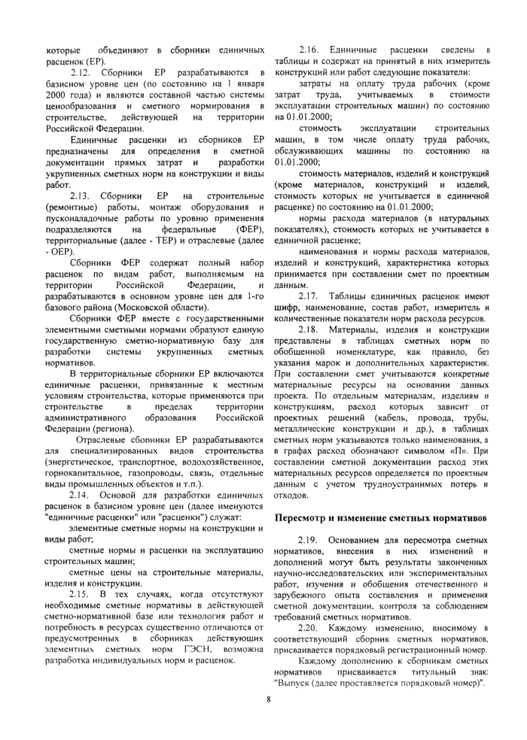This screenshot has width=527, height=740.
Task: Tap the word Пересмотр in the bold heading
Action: (303, 518)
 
